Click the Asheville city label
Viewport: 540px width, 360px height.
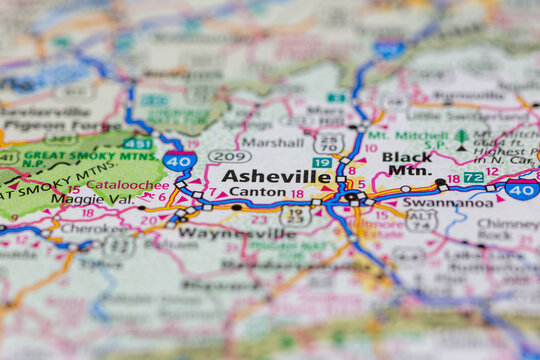276,176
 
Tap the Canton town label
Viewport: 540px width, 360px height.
257,193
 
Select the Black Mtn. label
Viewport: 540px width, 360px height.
408,163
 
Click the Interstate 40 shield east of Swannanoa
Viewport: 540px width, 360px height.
521,189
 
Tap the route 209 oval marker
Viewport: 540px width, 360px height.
229,157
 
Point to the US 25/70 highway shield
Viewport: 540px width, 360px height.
329,142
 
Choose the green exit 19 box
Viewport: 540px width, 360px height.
321,162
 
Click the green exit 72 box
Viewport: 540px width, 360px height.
474,177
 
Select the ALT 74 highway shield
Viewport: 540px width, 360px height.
421,220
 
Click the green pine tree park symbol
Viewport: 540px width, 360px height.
461,139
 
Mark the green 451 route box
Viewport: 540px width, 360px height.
138,143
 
